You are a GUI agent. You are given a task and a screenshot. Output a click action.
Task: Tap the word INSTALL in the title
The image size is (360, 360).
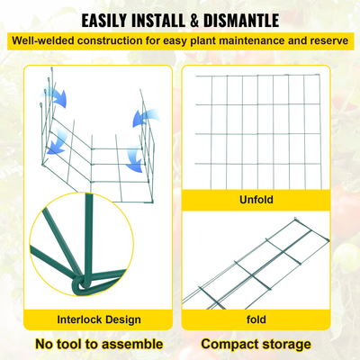click(172, 20)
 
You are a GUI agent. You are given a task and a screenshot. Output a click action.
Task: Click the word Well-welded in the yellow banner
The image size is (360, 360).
click(40, 40)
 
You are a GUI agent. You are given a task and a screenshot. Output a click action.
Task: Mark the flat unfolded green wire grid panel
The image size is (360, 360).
click(256, 126)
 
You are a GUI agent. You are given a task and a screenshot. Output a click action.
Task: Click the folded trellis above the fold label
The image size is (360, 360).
click(261, 265)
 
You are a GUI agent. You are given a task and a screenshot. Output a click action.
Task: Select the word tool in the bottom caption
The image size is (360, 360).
click(84, 344)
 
